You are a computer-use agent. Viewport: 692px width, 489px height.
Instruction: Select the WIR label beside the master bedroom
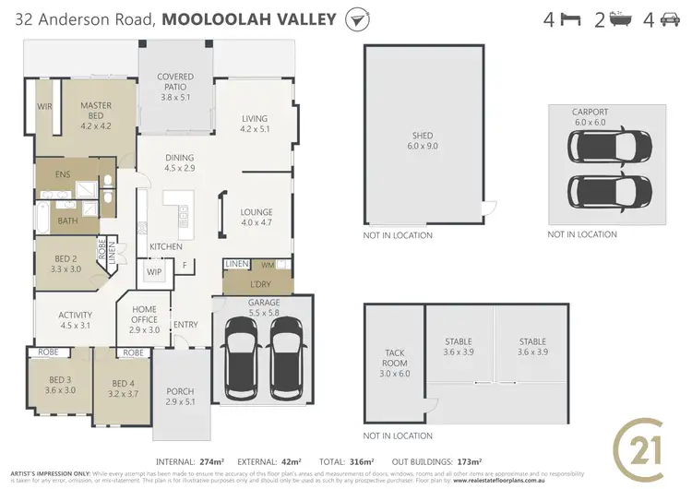(x=42, y=107)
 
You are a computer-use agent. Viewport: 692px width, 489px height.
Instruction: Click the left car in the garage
(x=240, y=354)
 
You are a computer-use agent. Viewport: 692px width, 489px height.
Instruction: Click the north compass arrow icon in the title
(x=353, y=19)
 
